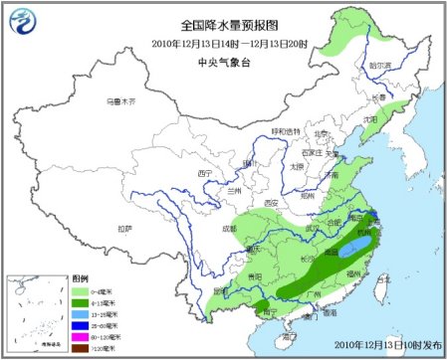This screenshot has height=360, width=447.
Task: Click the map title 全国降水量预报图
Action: (x=223, y=24)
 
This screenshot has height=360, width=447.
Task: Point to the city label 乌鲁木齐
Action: (x=119, y=101)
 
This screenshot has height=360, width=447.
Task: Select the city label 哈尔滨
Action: (x=379, y=65)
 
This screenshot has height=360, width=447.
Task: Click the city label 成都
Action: (x=230, y=230)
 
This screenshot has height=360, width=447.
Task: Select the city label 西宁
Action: (x=205, y=173)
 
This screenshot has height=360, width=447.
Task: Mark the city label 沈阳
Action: (x=371, y=118)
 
